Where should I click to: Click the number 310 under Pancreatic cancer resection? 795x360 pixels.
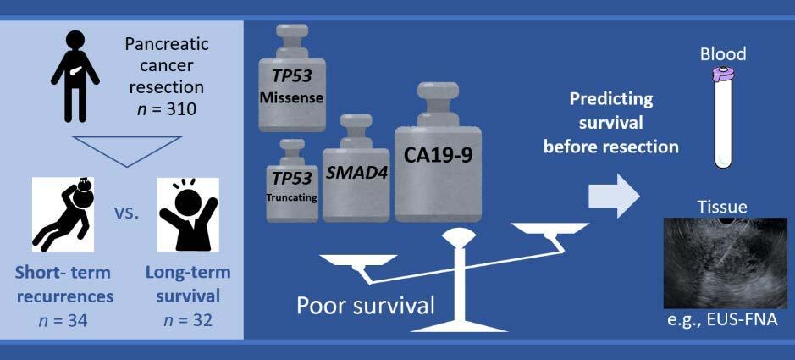coord(180,109)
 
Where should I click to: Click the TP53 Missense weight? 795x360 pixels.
coord(291,78)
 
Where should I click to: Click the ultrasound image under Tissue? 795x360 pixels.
coord(725,263)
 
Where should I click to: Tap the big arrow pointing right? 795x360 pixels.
coord(612,195)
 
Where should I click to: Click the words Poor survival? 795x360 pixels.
coord(366,307)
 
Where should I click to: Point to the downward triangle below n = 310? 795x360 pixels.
coord(127,151)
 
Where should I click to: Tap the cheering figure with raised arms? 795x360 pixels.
coord(188,214)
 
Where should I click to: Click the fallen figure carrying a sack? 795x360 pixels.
coord(63,214)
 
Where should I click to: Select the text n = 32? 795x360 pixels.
coord(188,320)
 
